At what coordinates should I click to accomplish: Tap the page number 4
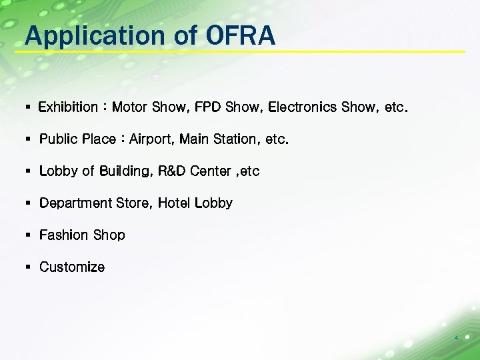pos(456,338)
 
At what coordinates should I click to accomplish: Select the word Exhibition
pos(68,107)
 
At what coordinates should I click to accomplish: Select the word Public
pos(58,139)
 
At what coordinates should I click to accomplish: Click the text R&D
pos(171,171)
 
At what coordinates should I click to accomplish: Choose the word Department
pos(75,203)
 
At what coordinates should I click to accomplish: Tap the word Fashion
pos(63,235)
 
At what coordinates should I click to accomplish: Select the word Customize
pos(72,267)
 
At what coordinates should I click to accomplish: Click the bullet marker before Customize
pos(28,267)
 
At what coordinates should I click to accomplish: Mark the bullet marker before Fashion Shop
pos(28,235)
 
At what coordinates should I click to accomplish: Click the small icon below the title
pos(155,77)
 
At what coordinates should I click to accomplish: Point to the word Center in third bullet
pos(210,171)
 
